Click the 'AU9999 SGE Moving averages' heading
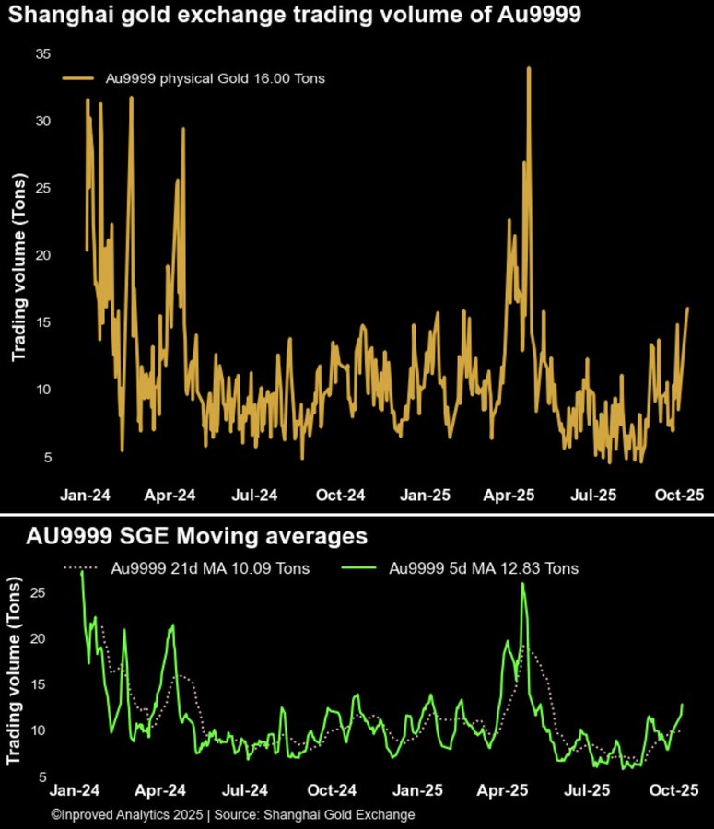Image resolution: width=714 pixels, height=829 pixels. (x=196, y=536)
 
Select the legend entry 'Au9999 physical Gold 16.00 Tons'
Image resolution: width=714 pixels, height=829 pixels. (x=193, y=79)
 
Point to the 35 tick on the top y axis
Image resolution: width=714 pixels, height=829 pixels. (x=42, y=54)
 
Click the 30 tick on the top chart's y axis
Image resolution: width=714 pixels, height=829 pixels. (x=42, y=122)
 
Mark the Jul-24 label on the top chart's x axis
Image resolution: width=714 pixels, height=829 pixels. (x=254, y=496)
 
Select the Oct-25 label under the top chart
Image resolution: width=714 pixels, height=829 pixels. (x=680, y=496)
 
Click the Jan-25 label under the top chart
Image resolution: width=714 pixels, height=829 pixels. (x=426, y=496)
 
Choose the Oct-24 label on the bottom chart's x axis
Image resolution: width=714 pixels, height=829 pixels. (x=332, y=790)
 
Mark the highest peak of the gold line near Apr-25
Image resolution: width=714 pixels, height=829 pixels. (x=529, y=67)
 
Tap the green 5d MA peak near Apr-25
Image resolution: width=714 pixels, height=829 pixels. (x=523, y=583)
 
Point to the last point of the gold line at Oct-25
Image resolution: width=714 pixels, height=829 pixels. (x=687, y=309)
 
